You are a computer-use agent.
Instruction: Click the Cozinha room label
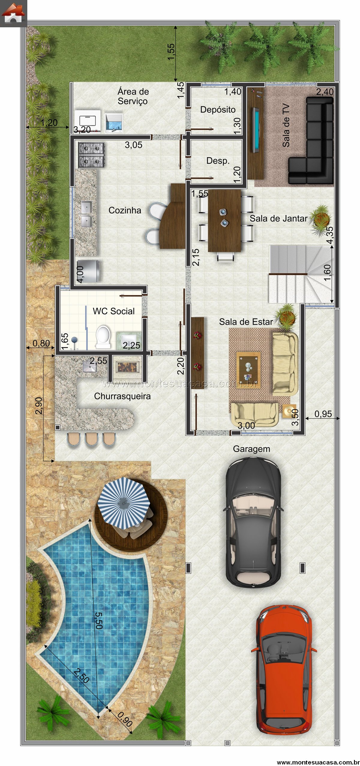pyautogui.click(x=125, y=210)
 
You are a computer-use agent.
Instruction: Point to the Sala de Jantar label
pyautogui.click(x=278, y=218)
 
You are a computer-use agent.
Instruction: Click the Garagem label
pyautogui.click(x=251, y=449)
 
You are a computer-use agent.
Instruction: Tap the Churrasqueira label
pyautogui.click(x=122, y=396)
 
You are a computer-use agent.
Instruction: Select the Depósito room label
pyautogui.click(x=218, y=110)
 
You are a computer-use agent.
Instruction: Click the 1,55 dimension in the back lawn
pyautogui.click(x=171, y=52)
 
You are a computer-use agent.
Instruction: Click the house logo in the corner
pyautogui.click(x=13, y=13)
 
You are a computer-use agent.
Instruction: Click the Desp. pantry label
pyautogui.click(x=218, y=161)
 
